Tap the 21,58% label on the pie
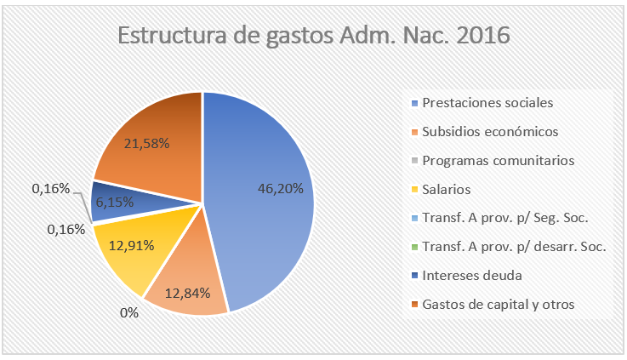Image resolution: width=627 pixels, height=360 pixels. click(147, 143)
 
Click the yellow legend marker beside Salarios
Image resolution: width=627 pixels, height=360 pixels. click(414, 189)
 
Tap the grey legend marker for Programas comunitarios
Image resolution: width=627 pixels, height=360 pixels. click(414, 160)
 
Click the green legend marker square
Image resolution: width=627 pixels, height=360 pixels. click(414, 247)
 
